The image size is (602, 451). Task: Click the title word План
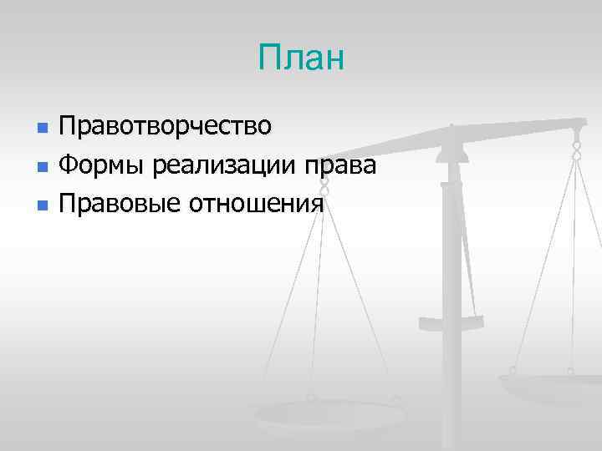click(301, 59)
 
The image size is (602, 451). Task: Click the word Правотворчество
click(165, 128)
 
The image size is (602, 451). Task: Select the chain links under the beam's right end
click(576, 150)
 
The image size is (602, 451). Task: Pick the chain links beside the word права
click(324, 188)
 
